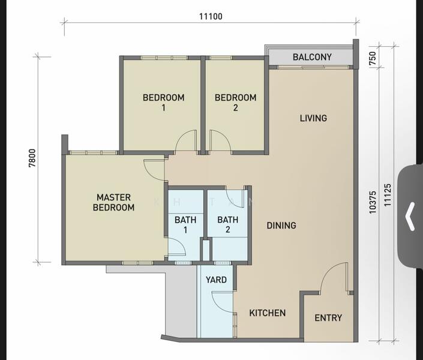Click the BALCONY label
tap(312, 57)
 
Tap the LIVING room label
tap(313, 118)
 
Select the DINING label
tap(281, 226)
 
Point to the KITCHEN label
tap(268, 313)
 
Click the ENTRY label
tap(328, 317)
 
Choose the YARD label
tap(216, 280)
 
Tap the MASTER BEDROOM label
tap(113, 202)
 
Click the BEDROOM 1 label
tap(163, 103)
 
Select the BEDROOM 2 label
tap(236, 103)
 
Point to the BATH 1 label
tap(185, 225)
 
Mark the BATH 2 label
tap(227, 224)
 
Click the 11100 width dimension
tap(211, 16)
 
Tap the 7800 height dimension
tap(32, 158)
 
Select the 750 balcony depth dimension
tap(372, 58)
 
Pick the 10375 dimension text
tap(373, 202)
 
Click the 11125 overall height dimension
tap(388, 195)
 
